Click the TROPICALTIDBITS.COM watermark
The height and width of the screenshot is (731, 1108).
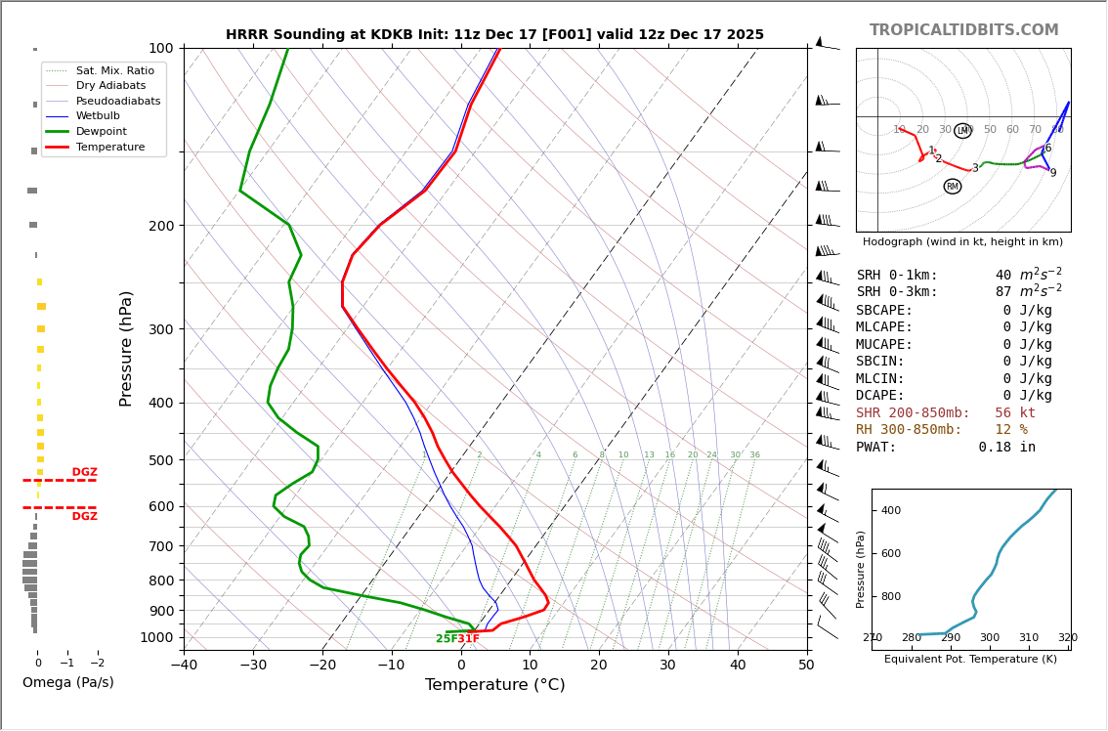[963, 30]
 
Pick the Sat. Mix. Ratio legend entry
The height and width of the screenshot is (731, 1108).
[114, 70]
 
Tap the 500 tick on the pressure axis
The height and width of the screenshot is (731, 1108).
[160, 460]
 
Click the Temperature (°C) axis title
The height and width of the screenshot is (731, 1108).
[494, 685]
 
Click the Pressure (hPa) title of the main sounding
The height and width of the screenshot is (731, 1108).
[127, 348]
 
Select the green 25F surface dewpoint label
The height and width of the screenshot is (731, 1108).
[446, 639]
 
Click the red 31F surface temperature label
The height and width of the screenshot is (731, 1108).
[469, 639]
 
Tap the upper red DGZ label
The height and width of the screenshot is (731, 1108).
[84, 472]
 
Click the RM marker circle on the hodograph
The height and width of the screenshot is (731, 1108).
[952, 187]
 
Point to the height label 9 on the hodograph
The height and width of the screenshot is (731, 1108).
[1052, 173]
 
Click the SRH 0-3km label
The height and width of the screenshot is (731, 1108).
[897, 292]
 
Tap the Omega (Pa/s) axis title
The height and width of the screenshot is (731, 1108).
[68, 682]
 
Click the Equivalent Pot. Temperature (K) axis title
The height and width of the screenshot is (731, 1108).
[970, 659]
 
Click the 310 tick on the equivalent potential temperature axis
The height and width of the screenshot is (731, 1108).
[1028, 638]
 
